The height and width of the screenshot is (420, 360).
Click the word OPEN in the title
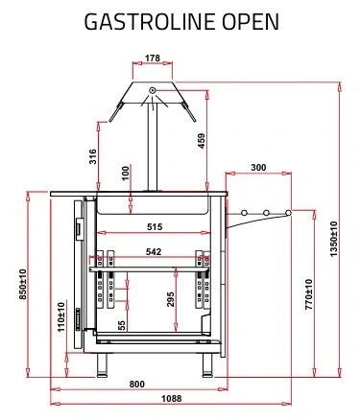pos(251,22)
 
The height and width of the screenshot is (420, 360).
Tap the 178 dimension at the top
pos(153,58)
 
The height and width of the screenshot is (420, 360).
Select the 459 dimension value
pos(202,141)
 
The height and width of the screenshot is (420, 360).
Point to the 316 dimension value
pos(92,156)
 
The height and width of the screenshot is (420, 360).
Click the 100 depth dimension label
pos(126,173)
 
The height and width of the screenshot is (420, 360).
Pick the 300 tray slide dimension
pos(258,168)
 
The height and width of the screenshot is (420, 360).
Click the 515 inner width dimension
pos(155,227)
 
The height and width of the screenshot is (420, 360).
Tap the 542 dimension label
pos(154,252)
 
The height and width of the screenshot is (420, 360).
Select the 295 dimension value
pos(171,299)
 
